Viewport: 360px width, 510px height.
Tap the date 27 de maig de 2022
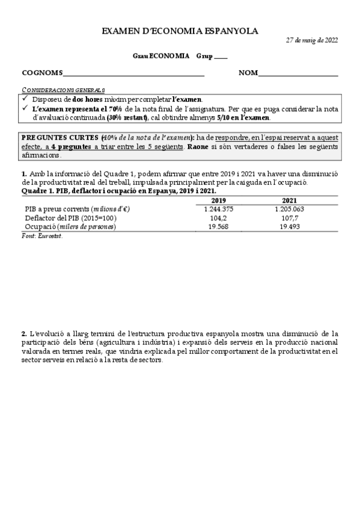(x=311, y=40)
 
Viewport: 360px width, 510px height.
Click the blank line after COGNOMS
(x=133, y=75)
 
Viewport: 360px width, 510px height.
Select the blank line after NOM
(x=297, y=75)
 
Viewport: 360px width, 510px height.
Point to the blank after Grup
(x=221, y=58)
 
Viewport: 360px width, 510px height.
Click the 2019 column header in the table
(x=219, y=201)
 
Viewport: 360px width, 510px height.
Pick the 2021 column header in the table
(x=290, y=201)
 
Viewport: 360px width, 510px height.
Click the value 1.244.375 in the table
(x=219, y=209)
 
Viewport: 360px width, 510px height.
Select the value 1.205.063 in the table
(x=290, y=209)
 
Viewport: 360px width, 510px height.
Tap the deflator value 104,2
(x=219, y=217)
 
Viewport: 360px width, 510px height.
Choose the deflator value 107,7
(x=290, y=217)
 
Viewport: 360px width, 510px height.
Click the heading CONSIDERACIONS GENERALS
(x=63, y=89)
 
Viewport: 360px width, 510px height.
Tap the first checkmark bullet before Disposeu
(x=25, y=99)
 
